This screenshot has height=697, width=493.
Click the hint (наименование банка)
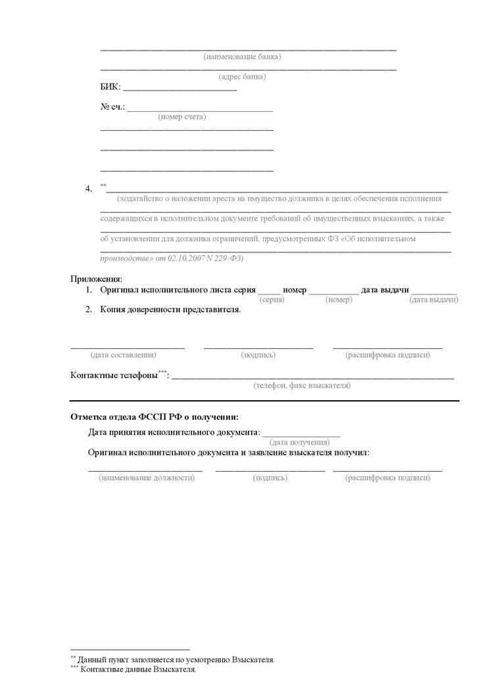click(243, 57)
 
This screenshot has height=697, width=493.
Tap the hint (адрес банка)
click(242, 77)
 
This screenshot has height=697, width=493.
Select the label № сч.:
click(112, 107)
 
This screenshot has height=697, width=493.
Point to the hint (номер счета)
click(182, 117)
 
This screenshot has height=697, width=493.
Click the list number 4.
click(88, 189)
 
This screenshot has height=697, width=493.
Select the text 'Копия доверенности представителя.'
click(170, 309)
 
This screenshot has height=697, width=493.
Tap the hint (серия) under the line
click(271, 300)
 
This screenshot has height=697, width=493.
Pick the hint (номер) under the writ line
click(339, 300)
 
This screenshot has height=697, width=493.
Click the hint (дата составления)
click(124, 355)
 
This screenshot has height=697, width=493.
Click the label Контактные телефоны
click(114, 375)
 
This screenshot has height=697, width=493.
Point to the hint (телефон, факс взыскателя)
click(302, 386)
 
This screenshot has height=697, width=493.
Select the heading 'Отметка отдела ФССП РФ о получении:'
click(154, 416)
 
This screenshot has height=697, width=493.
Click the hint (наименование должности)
click(147, 478)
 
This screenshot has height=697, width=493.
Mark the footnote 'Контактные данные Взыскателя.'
click(137, 671)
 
